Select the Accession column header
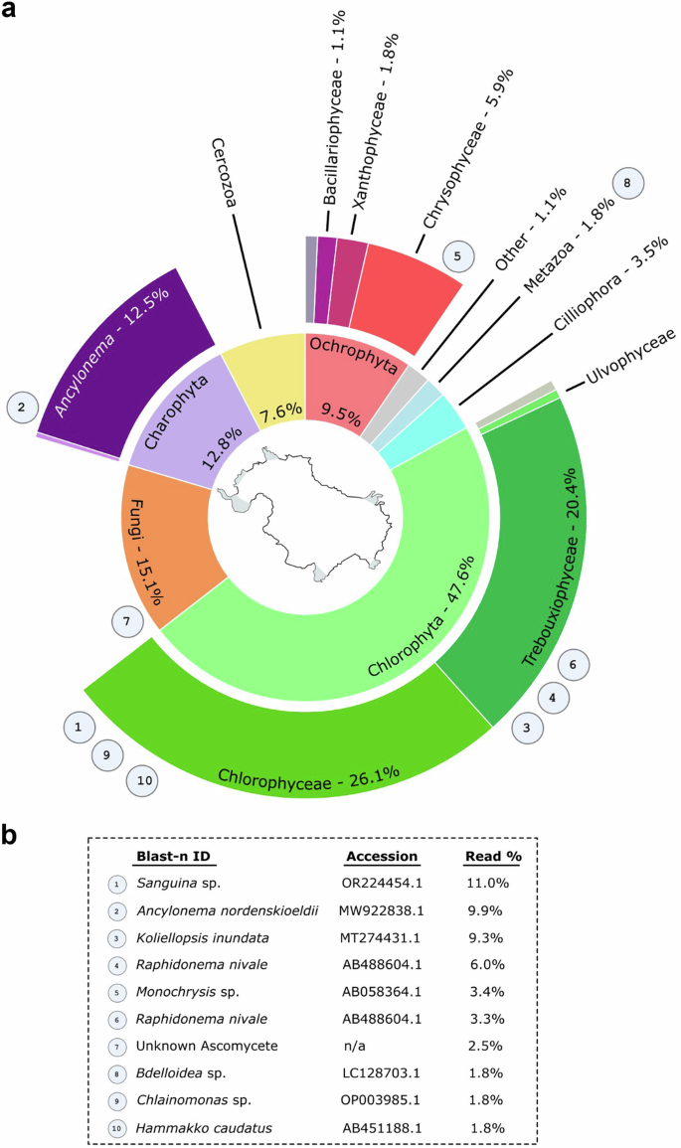click(382, 856)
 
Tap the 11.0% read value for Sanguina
click(486, 883)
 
